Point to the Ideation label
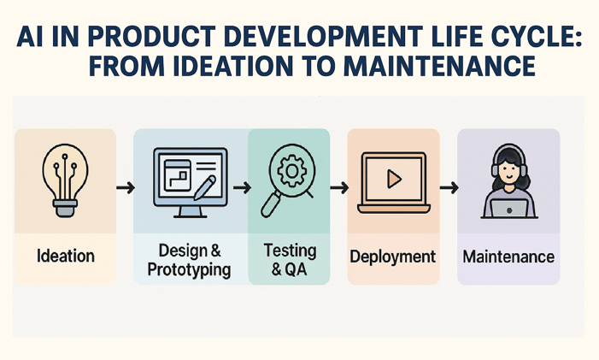66,256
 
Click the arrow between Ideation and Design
124,186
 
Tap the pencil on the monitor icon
205,186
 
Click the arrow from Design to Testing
241,186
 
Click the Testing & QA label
290,260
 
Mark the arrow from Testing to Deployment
338,186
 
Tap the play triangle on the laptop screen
393,179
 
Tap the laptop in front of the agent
508,207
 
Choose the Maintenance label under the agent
508,257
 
